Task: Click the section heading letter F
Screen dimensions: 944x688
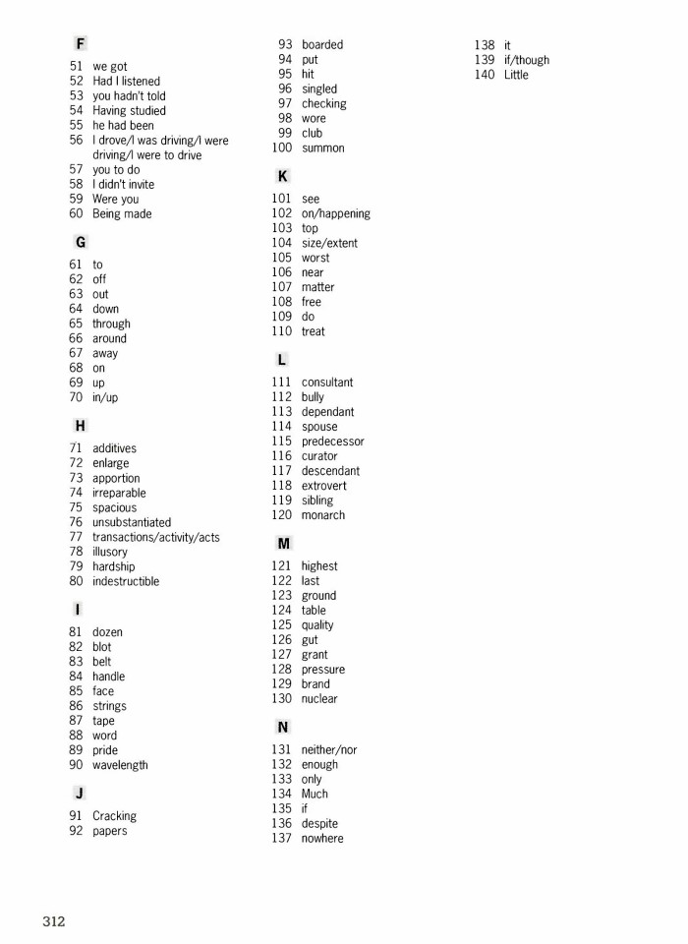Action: click(80, 43)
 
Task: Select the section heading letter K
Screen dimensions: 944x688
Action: click(283, 176)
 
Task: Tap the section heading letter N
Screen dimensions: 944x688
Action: click(283, 727)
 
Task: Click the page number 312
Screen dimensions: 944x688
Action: click(53, 921)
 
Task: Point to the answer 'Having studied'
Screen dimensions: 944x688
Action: click(129, 111)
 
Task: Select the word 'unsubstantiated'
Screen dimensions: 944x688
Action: click(132, 522)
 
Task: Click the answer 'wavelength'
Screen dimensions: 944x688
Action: click(120, 765)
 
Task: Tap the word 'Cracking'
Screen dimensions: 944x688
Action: click(114, 816)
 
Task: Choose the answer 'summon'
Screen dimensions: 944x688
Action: click(322, 147)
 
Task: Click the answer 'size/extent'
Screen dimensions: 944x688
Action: click(329, 243)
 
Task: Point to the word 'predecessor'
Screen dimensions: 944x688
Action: click(332, 442)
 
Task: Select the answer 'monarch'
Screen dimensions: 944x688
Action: click(322, 515)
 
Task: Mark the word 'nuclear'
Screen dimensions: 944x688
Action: click(318, 699)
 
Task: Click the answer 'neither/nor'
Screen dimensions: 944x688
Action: click(328, 750)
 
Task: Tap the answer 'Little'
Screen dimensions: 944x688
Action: click(516, 75)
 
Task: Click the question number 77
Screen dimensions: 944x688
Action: click(76, 537)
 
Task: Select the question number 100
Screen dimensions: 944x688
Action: click(282, 147)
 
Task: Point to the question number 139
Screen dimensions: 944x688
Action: click(485, 60)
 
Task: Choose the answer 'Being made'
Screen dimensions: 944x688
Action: click(122, 213)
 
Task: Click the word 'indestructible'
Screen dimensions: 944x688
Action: click(126, 581)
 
